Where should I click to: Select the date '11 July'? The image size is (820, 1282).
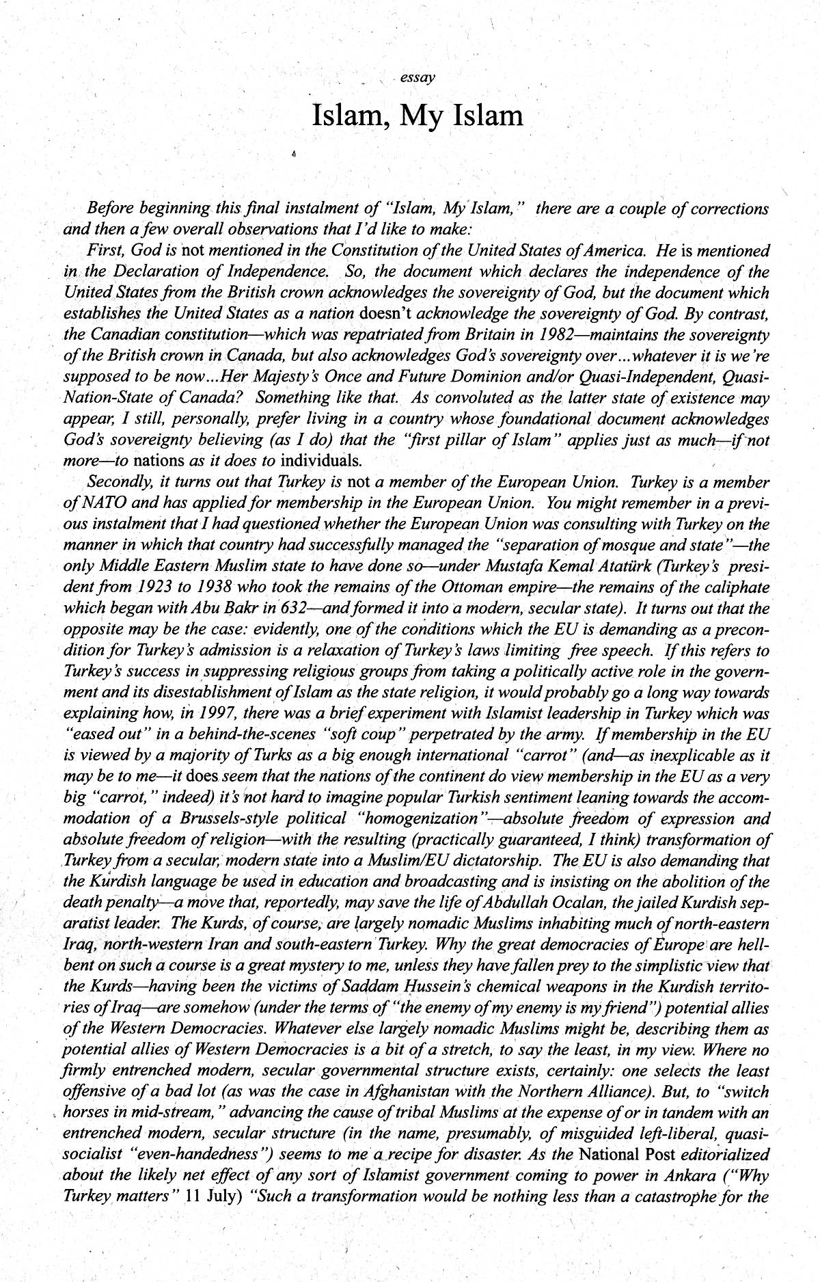pos(216,1197)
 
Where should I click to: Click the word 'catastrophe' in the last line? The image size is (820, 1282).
pos(688,1197)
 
